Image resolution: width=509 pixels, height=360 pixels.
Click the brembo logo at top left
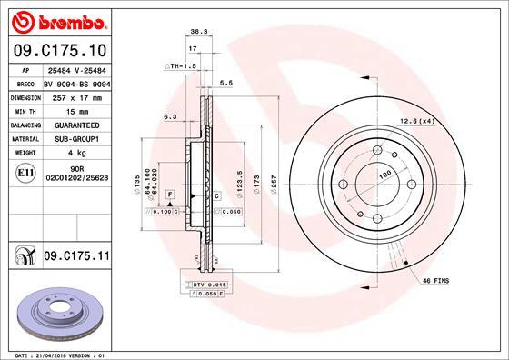(x=56, y=19)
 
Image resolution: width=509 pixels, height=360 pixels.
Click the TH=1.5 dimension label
(x=180, y=66)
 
